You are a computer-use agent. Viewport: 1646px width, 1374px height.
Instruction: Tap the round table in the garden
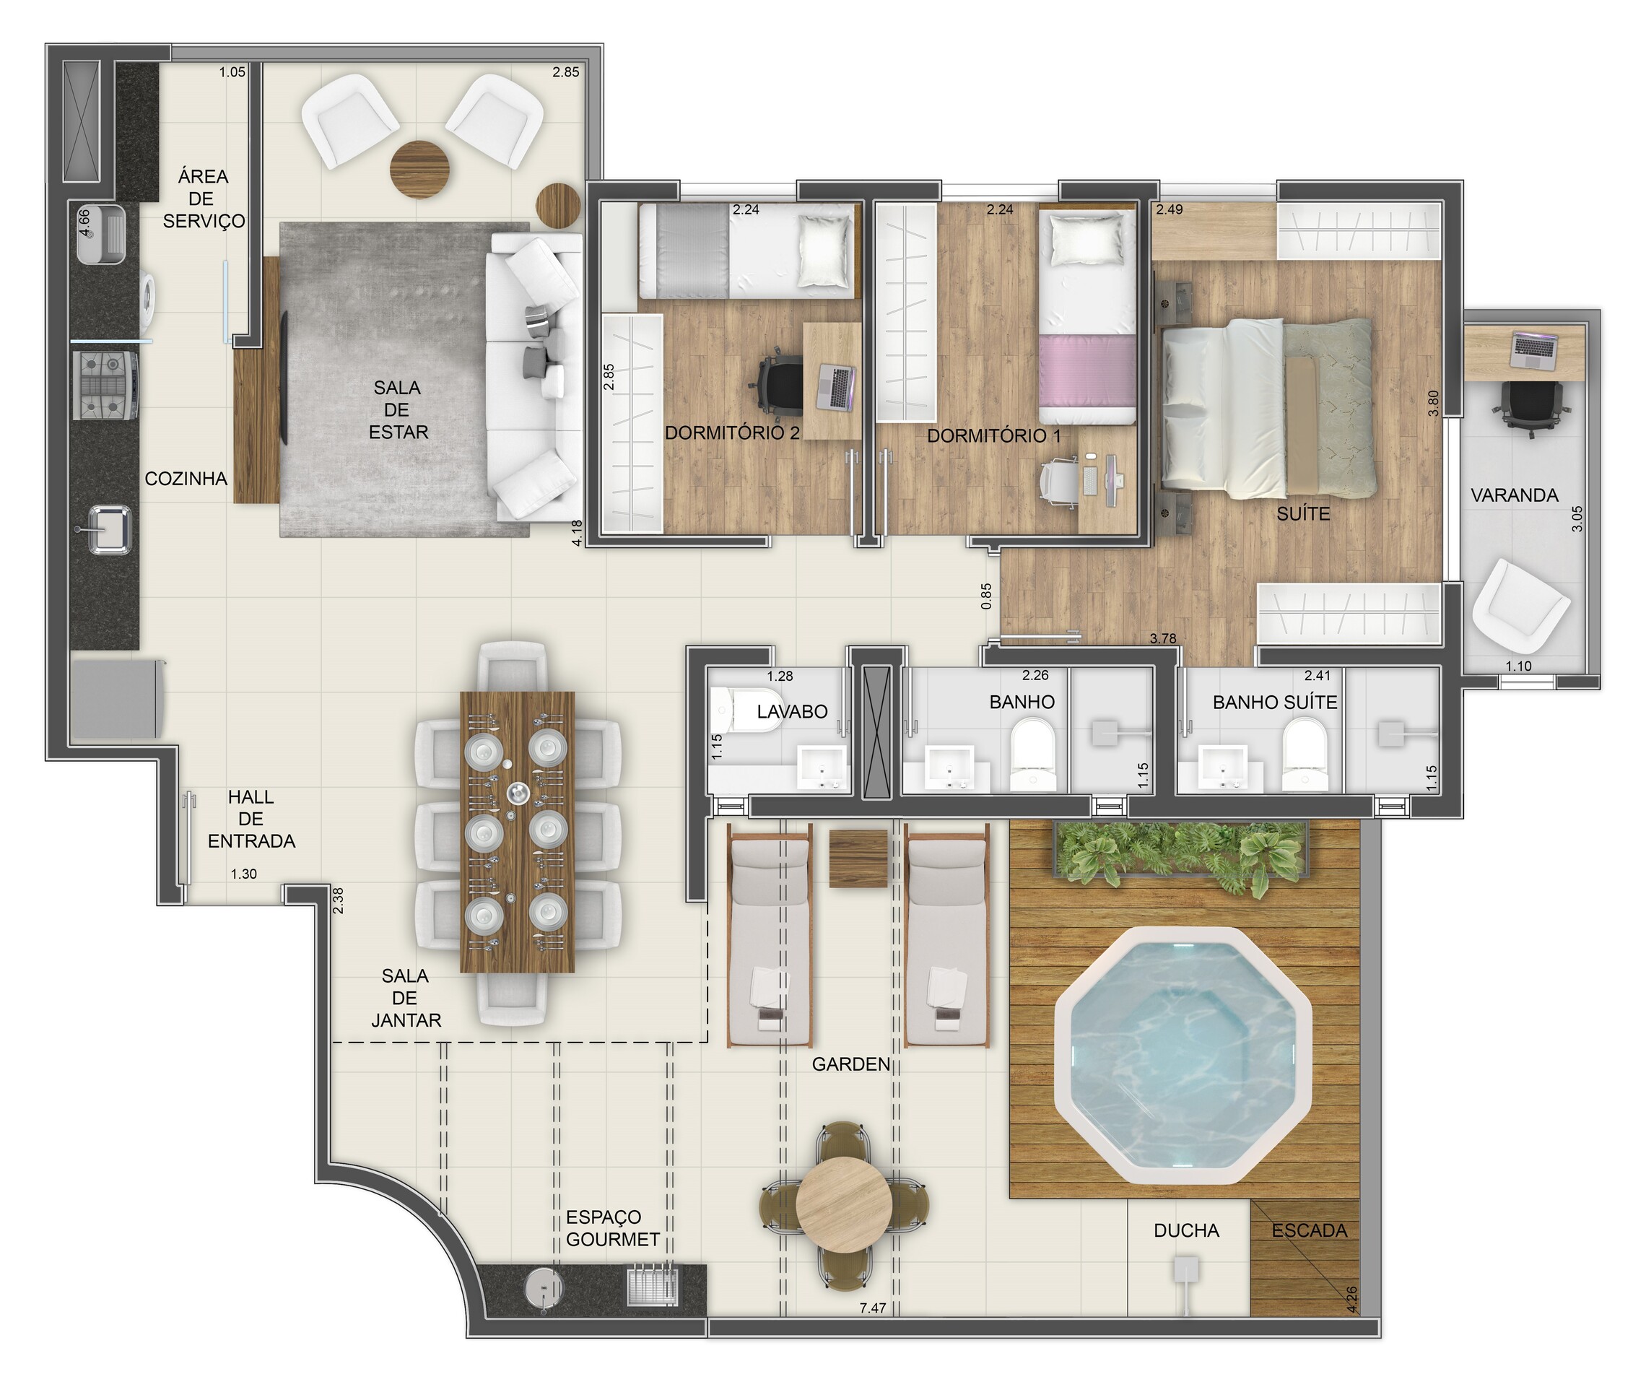click(843, 1206)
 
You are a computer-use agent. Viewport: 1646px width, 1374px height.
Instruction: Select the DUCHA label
click(1186, 1230)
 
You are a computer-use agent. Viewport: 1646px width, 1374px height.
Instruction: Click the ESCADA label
click(1309, 1230)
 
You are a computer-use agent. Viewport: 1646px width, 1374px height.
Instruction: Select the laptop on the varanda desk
click(1535, 350)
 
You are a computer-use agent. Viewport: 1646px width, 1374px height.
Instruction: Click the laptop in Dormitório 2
click(836, 387)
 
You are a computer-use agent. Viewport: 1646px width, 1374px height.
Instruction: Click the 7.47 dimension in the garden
click(872, 1308)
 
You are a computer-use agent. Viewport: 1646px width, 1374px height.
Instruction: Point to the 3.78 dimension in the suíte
click(1162, 638)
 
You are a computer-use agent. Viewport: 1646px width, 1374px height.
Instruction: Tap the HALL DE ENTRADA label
click(251, 819)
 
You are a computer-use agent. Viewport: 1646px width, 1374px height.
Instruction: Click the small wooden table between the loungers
click(858, 859)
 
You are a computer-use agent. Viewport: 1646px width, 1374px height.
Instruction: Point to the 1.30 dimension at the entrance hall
click(243, 874)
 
